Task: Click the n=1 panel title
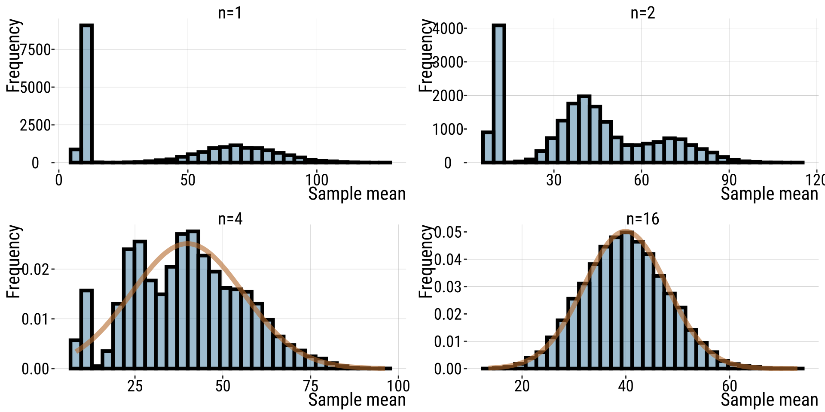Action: tap(230, 13)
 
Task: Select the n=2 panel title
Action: tap(642, 13)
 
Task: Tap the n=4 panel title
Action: tap(230, 219)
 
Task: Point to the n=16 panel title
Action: tap(642, 219)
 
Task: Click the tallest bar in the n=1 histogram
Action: tap(86, 94)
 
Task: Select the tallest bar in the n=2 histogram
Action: tap(499, 94)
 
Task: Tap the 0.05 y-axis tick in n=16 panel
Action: tap(447, 232)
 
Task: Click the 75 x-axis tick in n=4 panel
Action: tap(311, 386)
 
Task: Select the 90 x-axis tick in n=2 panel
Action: tap(729, 180)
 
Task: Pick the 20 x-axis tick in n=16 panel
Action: tap(522, 386)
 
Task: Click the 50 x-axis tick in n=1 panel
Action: tap(188, 180)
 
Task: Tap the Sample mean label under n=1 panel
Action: tap(357, 194)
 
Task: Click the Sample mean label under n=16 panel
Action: tap(769, 400)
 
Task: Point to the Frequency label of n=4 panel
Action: tap(13, 261)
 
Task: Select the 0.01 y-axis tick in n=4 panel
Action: tap(35, 319)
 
